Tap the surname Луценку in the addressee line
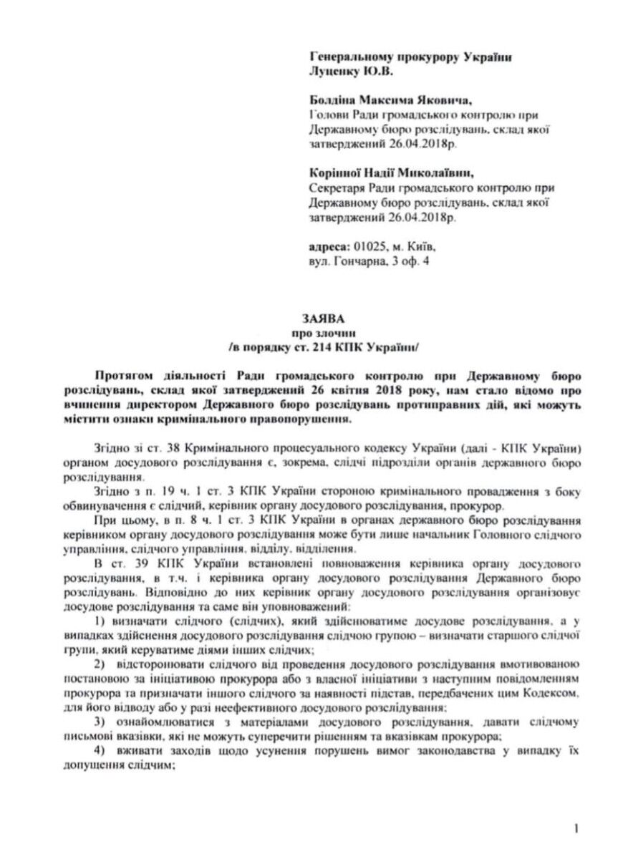(334, 72)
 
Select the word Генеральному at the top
(347, 57)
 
